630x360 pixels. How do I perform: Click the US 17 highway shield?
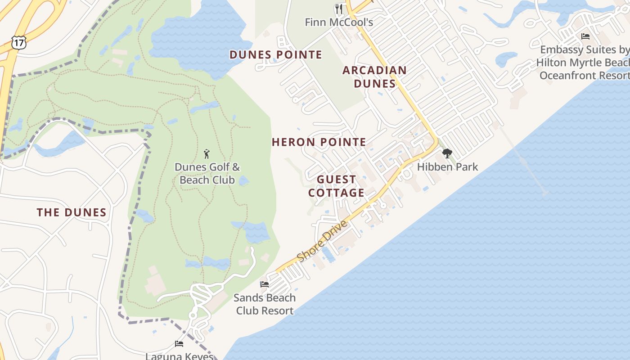(19, 43)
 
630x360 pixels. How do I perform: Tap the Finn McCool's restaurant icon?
(339, 9)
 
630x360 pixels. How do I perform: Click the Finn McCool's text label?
(339, 22)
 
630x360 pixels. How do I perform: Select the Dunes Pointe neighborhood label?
(276, 55)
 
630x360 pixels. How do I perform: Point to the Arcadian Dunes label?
(374, 76)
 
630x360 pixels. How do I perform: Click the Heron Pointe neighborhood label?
(319, 142)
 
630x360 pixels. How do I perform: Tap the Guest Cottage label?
(336, 186)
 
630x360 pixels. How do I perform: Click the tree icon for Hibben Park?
(447, 153)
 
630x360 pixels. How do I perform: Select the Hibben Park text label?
(447, 167)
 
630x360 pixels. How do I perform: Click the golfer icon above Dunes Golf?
(207, 154)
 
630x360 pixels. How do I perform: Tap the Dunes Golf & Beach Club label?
(207, 173)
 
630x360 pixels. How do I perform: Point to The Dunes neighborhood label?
(72, 212)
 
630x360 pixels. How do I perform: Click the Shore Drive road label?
(323, 241)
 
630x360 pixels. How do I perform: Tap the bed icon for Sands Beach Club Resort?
(265, 284)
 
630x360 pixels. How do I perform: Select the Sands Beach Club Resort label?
(265, 304)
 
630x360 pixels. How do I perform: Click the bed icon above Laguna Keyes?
(179, 344)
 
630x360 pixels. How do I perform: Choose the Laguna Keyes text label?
(179, 356)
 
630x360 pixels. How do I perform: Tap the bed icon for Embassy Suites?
(585, 36)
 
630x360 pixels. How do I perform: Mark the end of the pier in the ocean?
(545, 193)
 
